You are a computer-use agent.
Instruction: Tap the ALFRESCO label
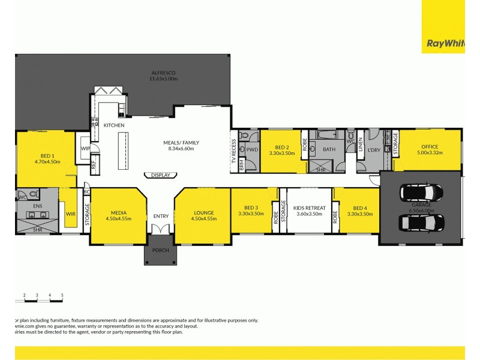(163, 73)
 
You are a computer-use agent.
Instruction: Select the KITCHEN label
(114, 125)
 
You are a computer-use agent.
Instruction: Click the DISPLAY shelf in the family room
(160, 175)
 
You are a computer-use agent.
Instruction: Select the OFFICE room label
(430, 146)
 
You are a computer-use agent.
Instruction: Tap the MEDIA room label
(118, 212)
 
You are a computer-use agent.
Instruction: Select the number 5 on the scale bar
(62, 295)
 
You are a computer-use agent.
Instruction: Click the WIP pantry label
(85, 148)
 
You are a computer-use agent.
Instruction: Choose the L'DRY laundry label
(375, 149)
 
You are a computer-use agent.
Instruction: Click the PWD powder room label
(252, 149)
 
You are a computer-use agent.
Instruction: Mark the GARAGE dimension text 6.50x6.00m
(421, 209)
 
